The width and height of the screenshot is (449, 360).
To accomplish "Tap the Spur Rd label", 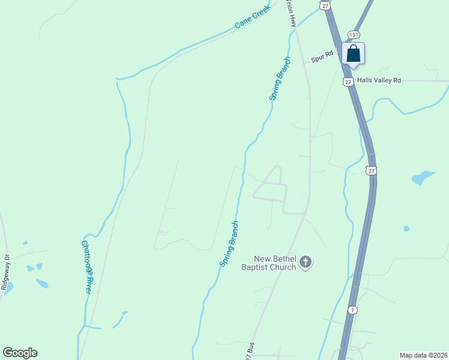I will [322, 58].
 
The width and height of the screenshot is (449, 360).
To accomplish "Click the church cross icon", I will [306, 262].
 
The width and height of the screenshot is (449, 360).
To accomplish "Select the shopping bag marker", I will [354, 53].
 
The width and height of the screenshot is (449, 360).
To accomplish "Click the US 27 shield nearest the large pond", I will [372, 171].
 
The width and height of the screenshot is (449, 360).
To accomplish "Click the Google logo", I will [20, 353].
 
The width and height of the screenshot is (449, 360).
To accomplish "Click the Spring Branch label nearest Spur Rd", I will [279, 78].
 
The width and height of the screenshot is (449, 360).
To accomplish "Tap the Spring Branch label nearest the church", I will [229, 244].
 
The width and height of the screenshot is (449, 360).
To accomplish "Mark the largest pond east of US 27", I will [423, 178].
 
